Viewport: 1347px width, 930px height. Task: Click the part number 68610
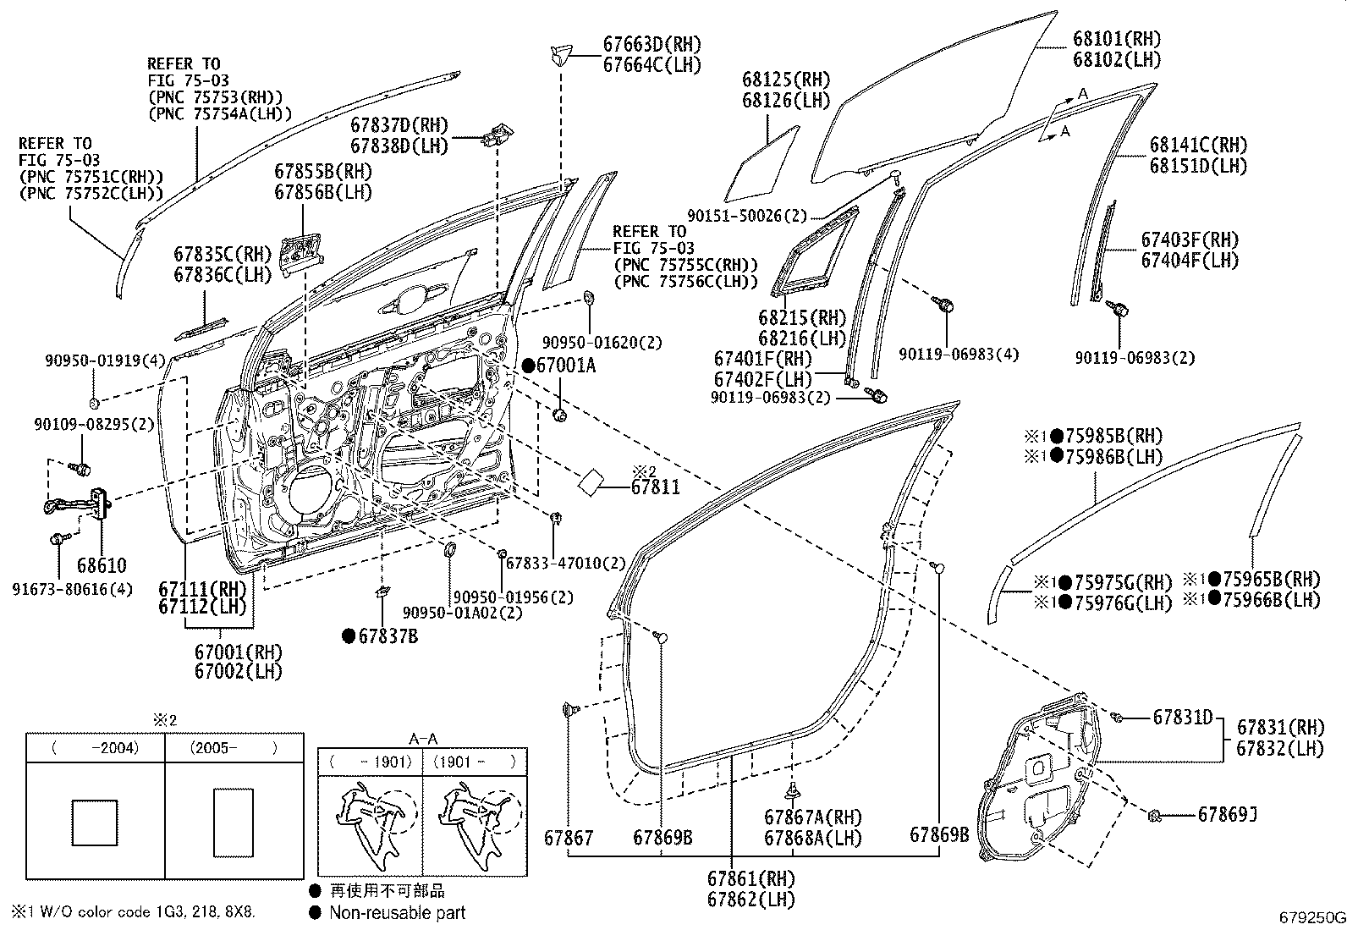[101, 565]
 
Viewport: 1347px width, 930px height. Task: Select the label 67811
[656, 487]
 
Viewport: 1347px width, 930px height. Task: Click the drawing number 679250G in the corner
[1311, 917]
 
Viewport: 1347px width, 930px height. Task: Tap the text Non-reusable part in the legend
[397, 912]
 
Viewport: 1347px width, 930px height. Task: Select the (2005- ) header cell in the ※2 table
[234, 748]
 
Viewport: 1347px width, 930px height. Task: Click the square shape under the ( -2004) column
[95, 822]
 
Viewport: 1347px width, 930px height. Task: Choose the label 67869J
[1227, 814]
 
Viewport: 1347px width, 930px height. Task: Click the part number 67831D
[1183, 718]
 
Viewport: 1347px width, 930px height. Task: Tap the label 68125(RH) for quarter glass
[786, 80]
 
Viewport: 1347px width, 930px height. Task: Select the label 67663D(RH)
[652, 45]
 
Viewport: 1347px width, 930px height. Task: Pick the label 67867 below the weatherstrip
[569, 838]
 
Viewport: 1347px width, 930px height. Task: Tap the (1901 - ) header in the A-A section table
[474, 761]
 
